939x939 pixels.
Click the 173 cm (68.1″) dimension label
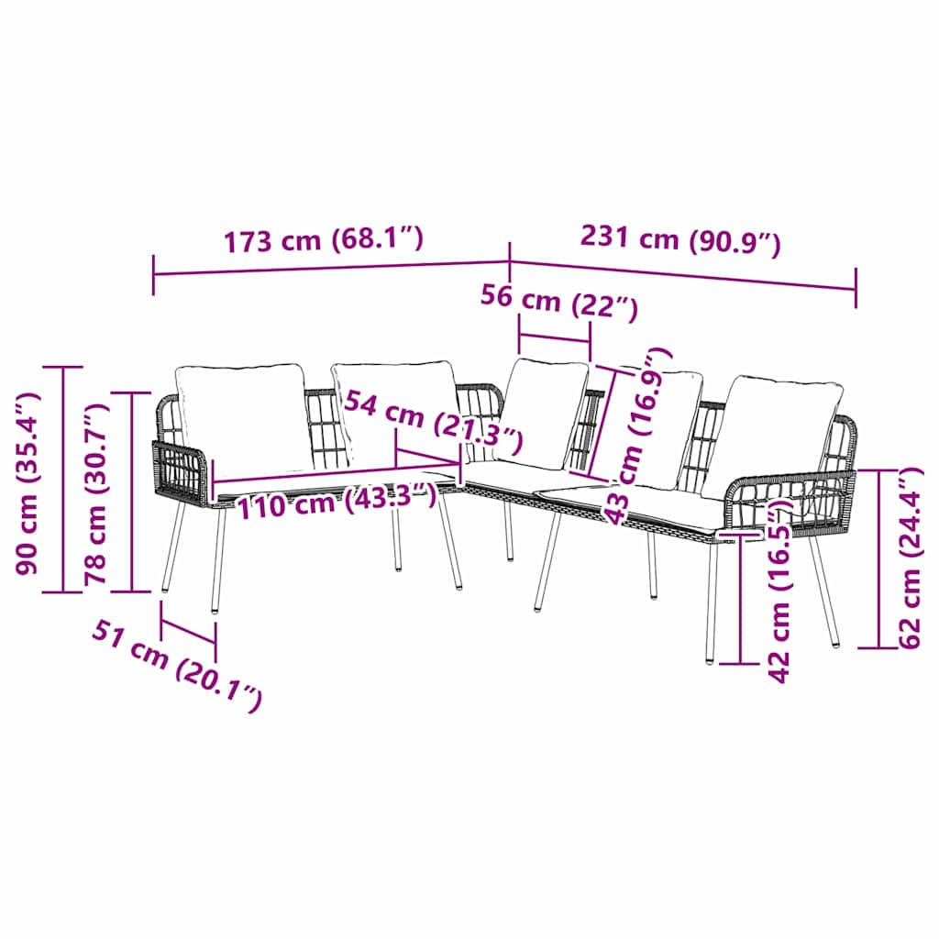pyautogui.click(x=324, y=239)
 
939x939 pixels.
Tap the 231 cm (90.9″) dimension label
pyautogui.click(x=680, y=240)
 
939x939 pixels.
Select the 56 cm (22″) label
pyautogui.click(x=559, y=303)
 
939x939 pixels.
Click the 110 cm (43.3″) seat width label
pyautogui.click(x=337, y=500)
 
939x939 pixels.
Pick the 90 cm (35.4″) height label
pyautogui.click(x=28, y=483)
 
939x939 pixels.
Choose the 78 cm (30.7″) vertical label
pyautogui.click(x=95, y=494)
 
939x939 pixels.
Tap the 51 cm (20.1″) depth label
pyautogui.click(x=177, y=666)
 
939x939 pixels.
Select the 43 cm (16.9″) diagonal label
pyautogui.click(x=637, y=436)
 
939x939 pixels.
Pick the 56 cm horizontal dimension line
pyautogui.click(x=555, y=340)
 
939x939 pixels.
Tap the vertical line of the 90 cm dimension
pyautogui.click(x=63, y=480)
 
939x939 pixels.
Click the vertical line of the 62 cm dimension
pyautogui.click(x=879, y=558)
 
